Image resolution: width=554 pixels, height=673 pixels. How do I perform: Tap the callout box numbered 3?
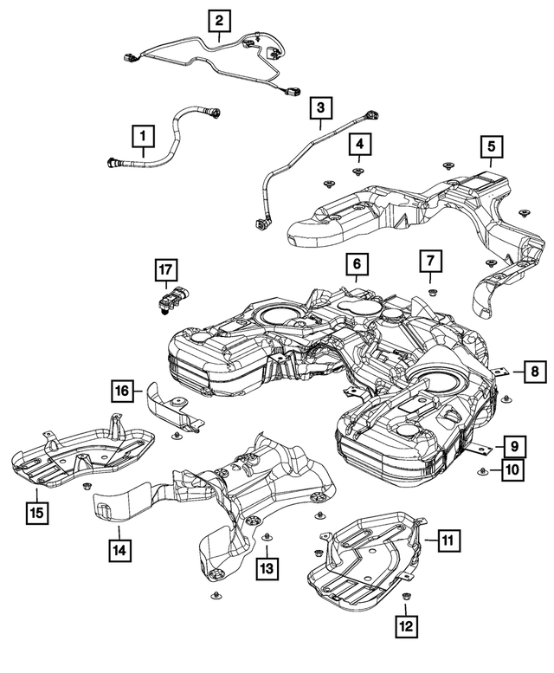click(x=321, y=108)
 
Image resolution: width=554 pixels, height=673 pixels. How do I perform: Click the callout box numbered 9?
click(x=512, y=446)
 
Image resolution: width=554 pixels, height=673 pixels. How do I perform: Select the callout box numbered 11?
click(x=448, y=540)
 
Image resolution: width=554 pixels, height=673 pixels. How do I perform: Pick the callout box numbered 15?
click(x=36, y=511)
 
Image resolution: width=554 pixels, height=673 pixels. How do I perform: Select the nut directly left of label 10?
click(x=482, y=471)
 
